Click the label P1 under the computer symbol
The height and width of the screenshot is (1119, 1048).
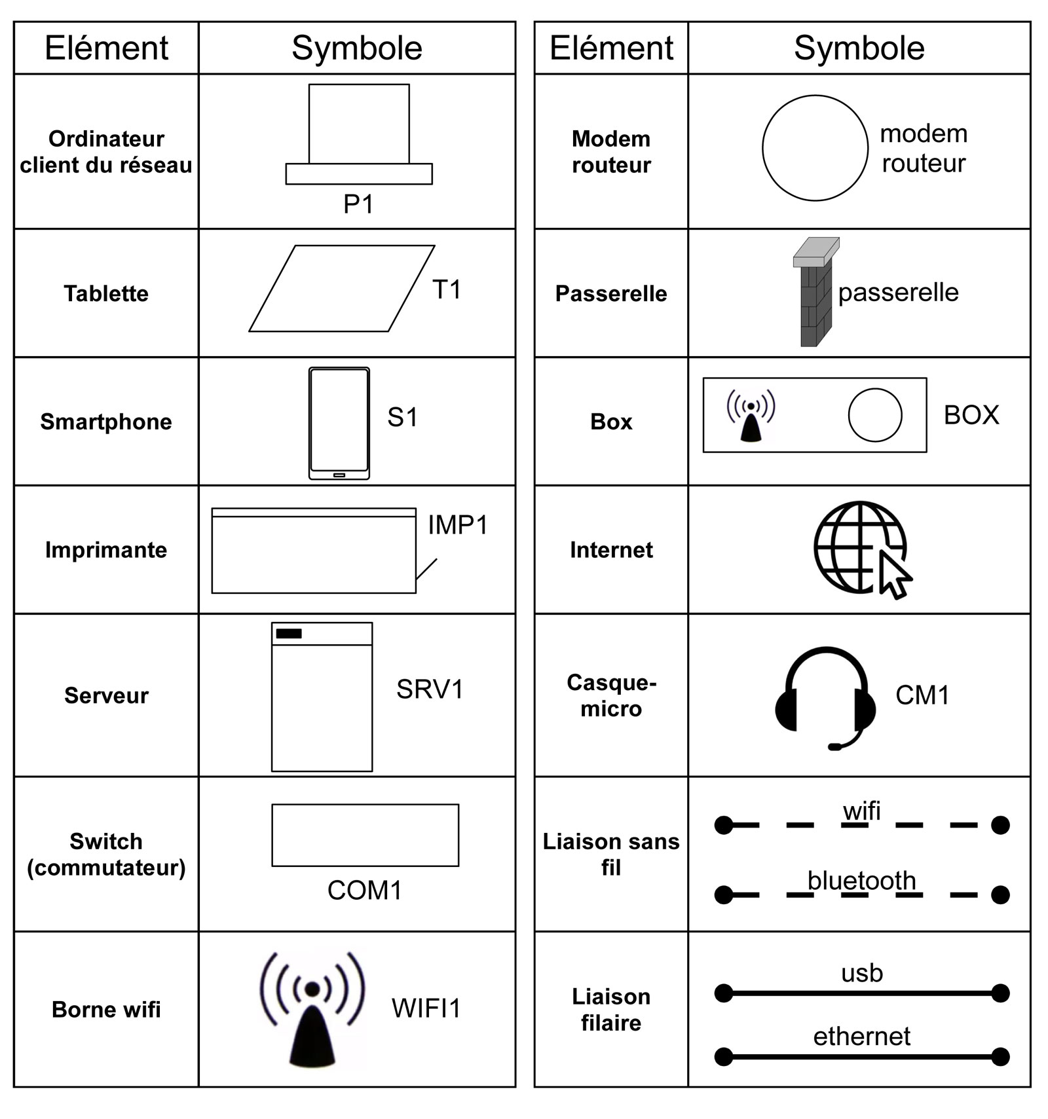(358, 204)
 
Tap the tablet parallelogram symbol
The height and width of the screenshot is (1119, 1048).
(341, 289)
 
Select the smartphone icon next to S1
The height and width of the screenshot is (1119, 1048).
(339, 423)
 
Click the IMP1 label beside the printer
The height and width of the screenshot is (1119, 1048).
(458, 525)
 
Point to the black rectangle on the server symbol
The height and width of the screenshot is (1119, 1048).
(289, 633)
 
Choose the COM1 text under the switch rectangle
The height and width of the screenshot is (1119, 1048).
(364, 890)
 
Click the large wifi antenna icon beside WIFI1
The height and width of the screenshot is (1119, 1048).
(312, 1008)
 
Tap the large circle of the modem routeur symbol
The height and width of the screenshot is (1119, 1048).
(815, 148)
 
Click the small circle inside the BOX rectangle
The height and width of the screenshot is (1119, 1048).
(874, 415)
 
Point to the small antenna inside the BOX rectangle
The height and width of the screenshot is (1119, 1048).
(751, 416)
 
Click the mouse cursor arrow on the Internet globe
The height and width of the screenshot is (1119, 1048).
(894, 574)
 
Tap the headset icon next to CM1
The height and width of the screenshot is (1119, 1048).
(825, 697)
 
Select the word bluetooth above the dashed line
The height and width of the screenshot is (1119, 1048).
(861, 881)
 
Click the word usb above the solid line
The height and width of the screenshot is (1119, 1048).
(862, 973)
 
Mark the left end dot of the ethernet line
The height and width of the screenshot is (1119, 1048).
(724, 1056)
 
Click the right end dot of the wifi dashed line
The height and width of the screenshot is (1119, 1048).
(1000, 825)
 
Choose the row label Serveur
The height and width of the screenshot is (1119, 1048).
(106, 695)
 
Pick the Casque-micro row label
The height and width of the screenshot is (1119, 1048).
(611, 695)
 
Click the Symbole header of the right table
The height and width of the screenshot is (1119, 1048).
(859, 48)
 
